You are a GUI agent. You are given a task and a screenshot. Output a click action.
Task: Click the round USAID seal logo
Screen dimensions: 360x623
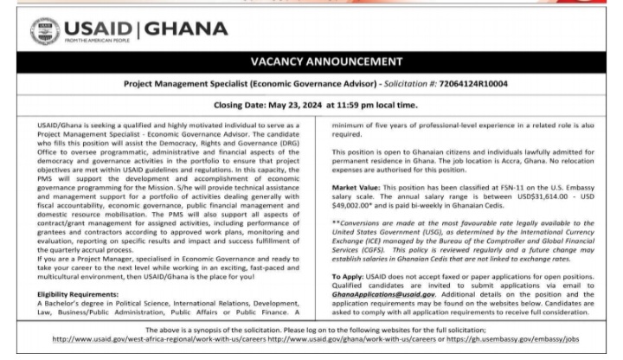tap(45, 32)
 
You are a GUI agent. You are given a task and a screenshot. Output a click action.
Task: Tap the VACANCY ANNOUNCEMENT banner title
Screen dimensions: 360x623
tap(312, 61)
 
